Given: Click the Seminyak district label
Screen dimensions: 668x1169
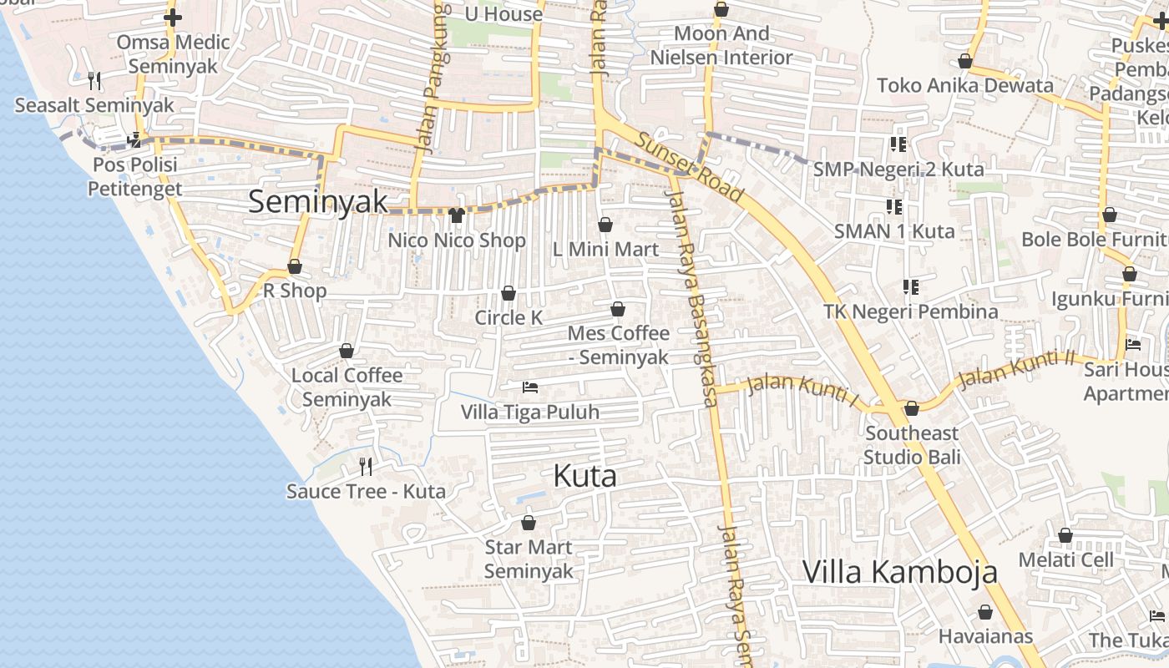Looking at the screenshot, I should [x=318, y=201].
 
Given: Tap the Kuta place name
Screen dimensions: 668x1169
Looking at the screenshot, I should [x=584, y=476].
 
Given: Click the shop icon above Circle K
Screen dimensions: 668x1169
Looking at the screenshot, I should [x=508, y=293].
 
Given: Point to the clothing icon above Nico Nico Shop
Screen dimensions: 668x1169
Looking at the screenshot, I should [x=456, y=215].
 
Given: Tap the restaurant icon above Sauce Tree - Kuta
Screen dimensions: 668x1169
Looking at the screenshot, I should [x=365, y=466].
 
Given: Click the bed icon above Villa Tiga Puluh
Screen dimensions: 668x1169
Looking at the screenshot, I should [x=529, y=387].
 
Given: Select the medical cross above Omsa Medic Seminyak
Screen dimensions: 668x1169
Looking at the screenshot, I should [x=172, y=17].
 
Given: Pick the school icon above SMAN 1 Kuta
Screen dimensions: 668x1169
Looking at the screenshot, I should [x=893, y=205].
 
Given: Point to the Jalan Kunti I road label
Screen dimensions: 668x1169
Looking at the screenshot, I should [x=802, y=392].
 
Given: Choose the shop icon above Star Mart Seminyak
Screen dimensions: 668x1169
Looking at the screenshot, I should [x=528, y=523].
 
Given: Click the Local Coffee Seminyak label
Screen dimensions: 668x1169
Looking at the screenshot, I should [x=347, y=387].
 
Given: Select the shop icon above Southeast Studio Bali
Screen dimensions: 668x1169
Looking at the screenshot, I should [x=912, y=408].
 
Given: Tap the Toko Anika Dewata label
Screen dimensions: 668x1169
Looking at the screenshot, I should [x=965, y=85].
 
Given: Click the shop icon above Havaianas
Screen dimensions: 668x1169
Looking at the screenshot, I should [x=985, y=612].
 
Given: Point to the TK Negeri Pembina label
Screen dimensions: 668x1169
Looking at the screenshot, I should [x=911, y=311].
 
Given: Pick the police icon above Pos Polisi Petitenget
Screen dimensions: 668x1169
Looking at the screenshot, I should [x=134, y=139].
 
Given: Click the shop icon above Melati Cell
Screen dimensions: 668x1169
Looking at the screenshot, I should [x=1065, y=535].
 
